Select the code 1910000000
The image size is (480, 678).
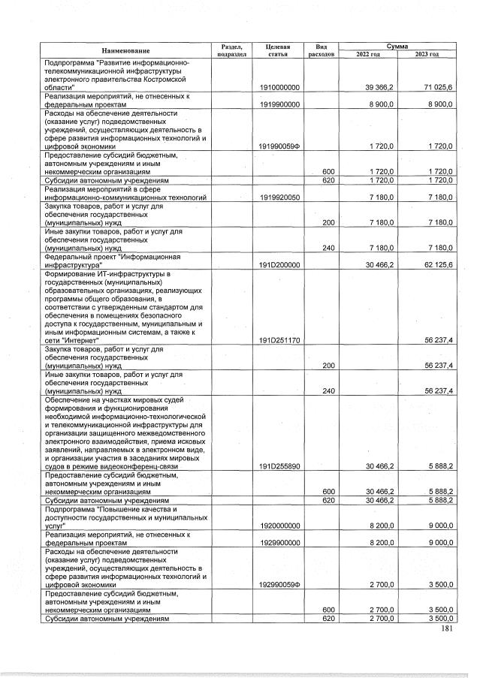pyautogui.click(x=279, y=88)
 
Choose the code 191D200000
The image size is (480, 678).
pyautogui.click(x=279, y=265)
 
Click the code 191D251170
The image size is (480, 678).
pyautogui.click(x=279, y=340)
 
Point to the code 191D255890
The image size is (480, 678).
pyautogui.click(x=279, y=466)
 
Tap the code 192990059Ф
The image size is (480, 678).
pyautogui.click(x=279, y=583)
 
